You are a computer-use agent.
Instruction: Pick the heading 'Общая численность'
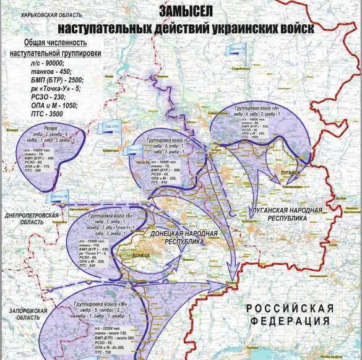point(54,43)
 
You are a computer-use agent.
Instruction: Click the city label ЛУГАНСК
point(289,173)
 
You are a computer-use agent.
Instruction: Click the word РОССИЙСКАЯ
point(289,308)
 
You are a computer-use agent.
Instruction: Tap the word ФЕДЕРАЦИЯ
point(288,321)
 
